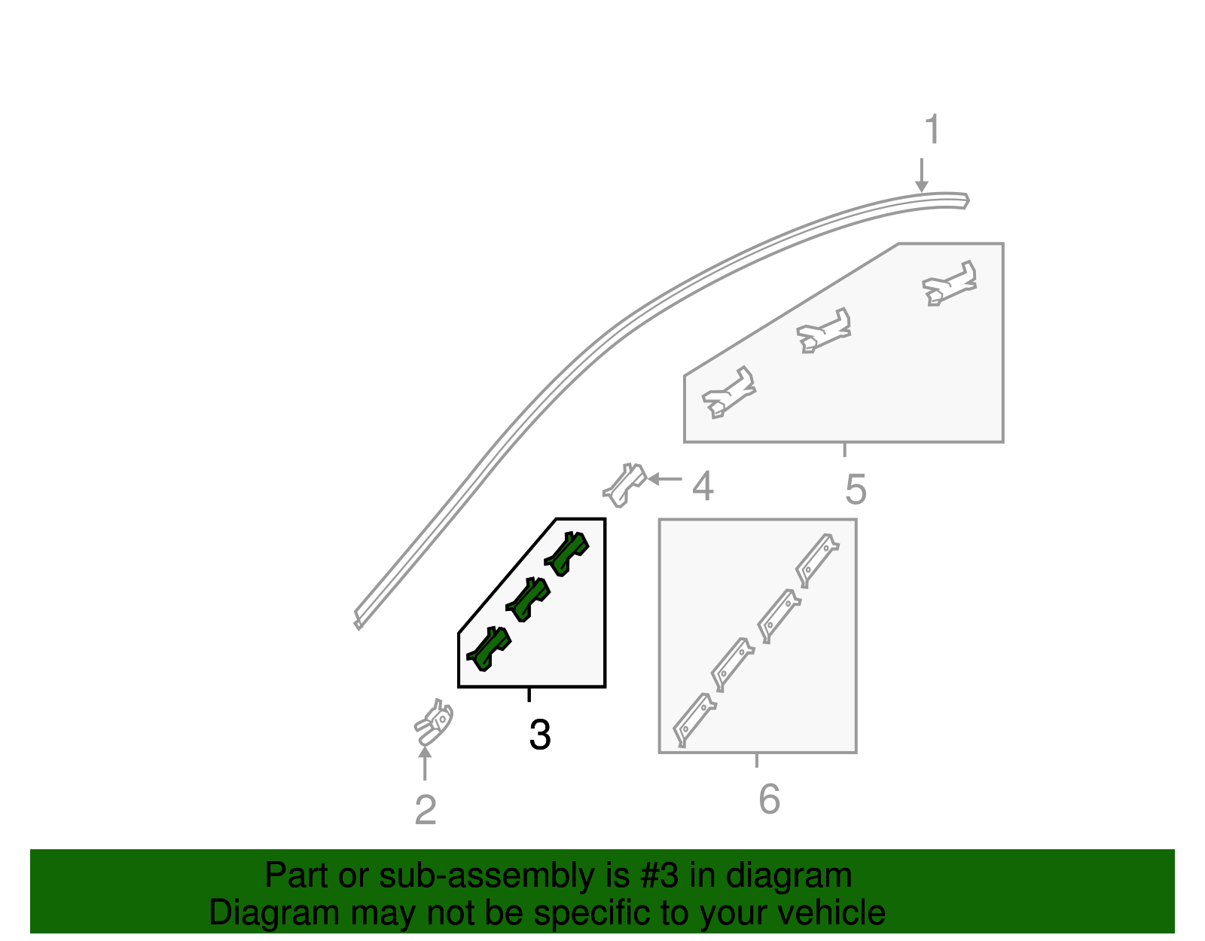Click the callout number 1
coord(932,130)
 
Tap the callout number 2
coord(426,811)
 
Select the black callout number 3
coord(540,735)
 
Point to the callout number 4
coord(703,487)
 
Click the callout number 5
coord(856,490)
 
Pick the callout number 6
coord(769,799)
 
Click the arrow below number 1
coord(921,176)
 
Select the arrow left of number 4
coord(664,479)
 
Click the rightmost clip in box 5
coord(950,284)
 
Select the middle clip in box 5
coord(825,331)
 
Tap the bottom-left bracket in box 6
coord(694,719)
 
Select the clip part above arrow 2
coord(435,722)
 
